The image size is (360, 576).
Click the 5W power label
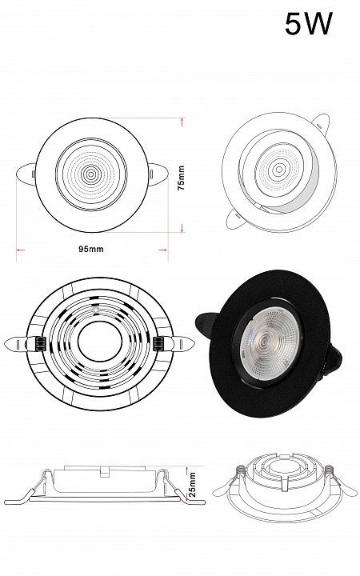click(x=309, y=23)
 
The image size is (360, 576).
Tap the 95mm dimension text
click(x=90, y=249)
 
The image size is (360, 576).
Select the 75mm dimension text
click(x=181, y=178)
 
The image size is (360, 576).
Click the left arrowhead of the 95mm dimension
click(x=21, y=250)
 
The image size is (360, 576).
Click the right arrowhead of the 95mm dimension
click(x=163, y=250)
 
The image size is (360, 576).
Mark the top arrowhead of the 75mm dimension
click(x=182, y=122)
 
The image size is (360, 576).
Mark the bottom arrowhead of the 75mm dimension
click(x=182, y=228)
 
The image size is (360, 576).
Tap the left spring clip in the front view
click(x=26, y=174)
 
